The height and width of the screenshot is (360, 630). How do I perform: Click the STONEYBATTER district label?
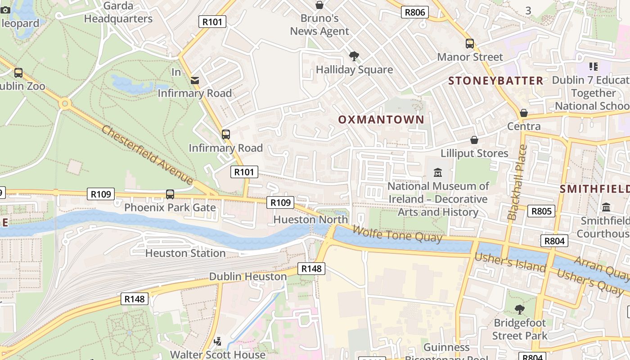pyautogui.click(x=496, y=81)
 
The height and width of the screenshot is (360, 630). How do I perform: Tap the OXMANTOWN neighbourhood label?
pyautogui.click(x=381, y=120)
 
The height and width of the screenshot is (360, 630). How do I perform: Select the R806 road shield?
pyautogui.click(x=415, y=12)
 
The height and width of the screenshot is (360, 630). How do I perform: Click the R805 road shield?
pyautogui.click(x=541, y=211)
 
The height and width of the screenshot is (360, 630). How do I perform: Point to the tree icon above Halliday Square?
pyautogui.click(x=354, y=56)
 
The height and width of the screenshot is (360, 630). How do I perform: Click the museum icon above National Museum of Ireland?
pyautogui.click(x=438, y=172)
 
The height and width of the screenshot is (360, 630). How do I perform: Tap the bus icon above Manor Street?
pyautogui.click(x=470, y=44)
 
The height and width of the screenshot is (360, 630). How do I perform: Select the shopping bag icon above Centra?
pyautogui.click(x=524, y=113)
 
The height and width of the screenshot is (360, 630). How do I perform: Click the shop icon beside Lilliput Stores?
pyautogui.click(x=474, y=140)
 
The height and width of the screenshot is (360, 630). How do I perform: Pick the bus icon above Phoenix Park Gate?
pyautogui.click(x=170, y=194)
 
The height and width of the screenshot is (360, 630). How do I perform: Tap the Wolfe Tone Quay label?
pyautogui.click(x=397, y=234)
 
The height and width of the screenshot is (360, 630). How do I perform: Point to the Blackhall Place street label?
pyautogui.click(x=517, y=182)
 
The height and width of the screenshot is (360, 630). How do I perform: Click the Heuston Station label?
pyautogui.click(x=185, y=253)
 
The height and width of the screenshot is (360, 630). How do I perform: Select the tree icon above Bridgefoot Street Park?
pyautogui.click(x=520, y=310)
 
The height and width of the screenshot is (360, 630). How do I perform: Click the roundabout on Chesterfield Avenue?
pyautogui.click(x=65, y=104)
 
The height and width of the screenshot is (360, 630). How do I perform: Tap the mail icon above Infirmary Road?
pyautogui.click(x=195, y=81)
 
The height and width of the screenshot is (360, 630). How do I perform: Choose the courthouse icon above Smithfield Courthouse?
pyautogui.click(x=606, y=207)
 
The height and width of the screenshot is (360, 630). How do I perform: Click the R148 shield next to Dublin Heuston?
pyautogui.click(x=311, y=269)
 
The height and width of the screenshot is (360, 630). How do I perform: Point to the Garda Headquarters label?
pyautogui.click(x=118, y=13)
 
